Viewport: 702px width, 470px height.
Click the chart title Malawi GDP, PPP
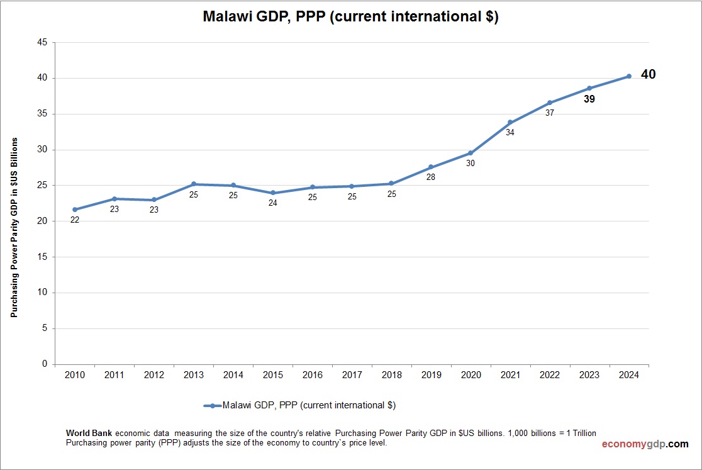coord(350,17)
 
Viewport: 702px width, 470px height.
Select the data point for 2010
coord(75,210)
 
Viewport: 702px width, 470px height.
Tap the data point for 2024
coord(628,76)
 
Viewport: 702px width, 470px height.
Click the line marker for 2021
coord(510,123)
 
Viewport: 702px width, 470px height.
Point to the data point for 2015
coord(273,193)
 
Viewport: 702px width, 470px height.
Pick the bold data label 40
coord(648,75)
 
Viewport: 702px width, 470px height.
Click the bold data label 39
coord(589,99)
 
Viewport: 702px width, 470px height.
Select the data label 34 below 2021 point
coord(510,133)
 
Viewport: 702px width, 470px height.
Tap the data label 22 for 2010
coord(75,220)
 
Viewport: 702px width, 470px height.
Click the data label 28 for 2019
coord(431,177)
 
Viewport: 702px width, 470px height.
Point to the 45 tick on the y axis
coord(43,43)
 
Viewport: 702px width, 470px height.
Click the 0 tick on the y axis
coord(45,364)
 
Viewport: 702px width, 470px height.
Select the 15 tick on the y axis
coord(43,257)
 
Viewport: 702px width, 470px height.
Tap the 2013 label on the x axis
coord(194,375)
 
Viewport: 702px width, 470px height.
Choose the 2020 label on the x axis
coord(471,375)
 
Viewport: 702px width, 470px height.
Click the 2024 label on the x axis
coord(628,375)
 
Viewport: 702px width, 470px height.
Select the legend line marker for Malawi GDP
coord(212,406)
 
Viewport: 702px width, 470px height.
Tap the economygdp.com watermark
coord(645,444)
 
